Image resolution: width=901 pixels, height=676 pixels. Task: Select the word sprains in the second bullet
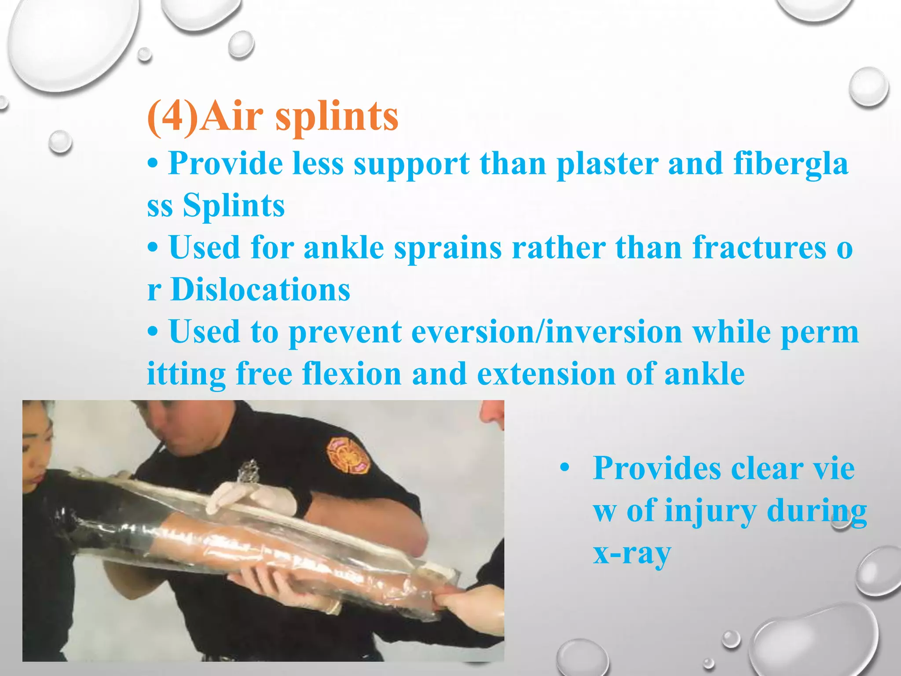(x=447, y=248)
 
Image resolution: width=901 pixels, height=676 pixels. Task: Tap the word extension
(x=546, y=374)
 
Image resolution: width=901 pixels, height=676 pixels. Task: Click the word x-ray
(x=632, y=553)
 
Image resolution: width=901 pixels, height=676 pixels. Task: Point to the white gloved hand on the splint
(x=251, y=500)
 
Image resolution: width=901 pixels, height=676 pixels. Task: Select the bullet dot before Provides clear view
(x=565, y=468)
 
